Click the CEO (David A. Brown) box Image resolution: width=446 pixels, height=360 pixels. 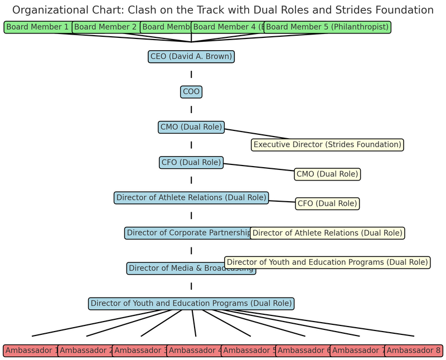pos(191,56)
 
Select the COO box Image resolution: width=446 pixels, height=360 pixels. pos(191,92)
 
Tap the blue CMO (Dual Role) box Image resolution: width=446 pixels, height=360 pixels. pos(191,127)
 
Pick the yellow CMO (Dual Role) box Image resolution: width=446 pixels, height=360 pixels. pos(327,174)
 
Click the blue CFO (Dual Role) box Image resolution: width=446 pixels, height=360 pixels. pos(191,163)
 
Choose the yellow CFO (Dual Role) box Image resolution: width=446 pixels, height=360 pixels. pos(327,203)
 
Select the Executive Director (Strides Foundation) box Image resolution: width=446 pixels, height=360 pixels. pos(327,144)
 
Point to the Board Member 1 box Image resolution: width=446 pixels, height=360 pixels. pos(37,27)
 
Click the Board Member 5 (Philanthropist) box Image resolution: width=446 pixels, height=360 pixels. pos(327,27)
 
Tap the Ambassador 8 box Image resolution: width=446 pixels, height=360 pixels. pos(414,351)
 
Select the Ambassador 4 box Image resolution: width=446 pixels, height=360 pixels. pos(195,351)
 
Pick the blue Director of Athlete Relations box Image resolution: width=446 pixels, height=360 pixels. pos(191,198)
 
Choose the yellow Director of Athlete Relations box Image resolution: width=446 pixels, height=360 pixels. pos(327,233)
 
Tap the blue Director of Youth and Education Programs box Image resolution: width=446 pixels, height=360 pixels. pos(191,304)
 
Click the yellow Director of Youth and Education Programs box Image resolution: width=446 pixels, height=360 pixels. pos(327,262)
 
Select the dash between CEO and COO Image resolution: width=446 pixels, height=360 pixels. pos(191,74)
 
